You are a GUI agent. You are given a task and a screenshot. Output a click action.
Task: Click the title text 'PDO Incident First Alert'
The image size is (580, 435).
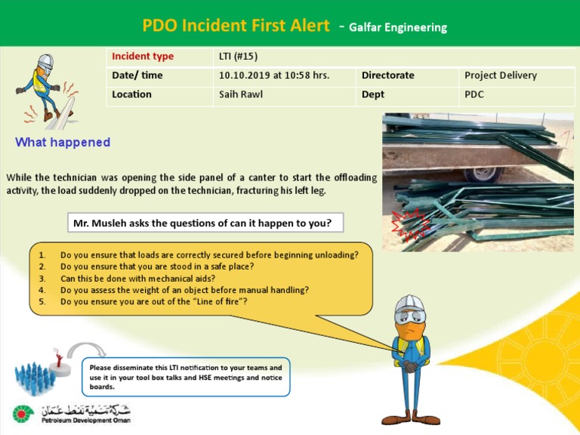click(236, 26)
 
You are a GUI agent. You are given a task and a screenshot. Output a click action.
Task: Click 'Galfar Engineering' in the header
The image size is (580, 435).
click(398, 28)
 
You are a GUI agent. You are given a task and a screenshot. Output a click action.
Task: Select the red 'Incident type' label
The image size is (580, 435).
click(143, 57)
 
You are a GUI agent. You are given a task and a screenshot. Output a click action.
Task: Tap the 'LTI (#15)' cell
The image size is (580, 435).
click(238, 57)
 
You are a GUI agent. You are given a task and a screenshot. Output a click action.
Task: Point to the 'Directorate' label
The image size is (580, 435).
click(387, 76)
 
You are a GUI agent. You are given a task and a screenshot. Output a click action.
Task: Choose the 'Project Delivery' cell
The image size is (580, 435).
click(501, 76)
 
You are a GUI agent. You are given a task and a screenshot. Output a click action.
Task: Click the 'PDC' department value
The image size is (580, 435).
click(474, 94)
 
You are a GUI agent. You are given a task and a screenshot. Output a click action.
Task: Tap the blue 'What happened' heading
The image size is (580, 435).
click(63, 142)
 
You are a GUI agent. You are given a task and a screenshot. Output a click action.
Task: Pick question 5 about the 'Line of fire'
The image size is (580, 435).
click(154, 301)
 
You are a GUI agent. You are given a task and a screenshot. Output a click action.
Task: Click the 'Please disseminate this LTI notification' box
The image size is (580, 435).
click(185, 377)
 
